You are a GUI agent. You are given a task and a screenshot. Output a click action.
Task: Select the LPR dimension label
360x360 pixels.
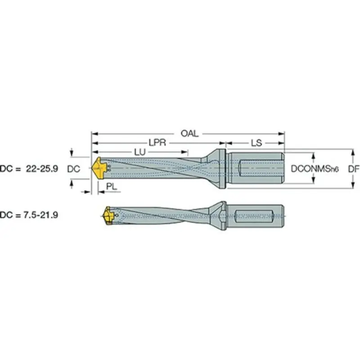tap(157, 143)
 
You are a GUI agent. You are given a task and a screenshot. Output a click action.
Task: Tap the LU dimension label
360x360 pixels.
tap(140, 153)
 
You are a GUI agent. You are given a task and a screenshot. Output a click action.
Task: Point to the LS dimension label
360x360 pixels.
tap(256, 143)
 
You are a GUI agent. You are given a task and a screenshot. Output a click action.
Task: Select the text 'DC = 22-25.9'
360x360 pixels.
tap(30, 169)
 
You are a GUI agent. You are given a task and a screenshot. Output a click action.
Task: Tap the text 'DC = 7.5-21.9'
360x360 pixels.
tap(30, 215)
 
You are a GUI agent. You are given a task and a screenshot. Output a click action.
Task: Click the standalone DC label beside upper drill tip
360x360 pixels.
tap(73, 169)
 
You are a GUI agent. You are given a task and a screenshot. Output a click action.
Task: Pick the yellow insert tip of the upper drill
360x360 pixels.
tap(99, 169)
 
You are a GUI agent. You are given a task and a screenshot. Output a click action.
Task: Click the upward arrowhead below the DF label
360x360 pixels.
tap(351, 186)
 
